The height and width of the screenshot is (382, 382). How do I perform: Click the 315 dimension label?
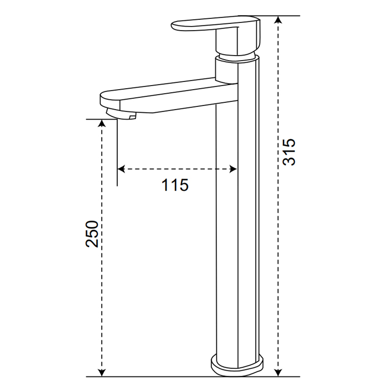point(289,152)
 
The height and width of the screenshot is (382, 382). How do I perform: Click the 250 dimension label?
point(92,234)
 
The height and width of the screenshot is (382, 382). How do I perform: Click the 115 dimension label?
point(175,185)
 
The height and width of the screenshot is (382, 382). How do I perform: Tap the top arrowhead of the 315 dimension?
point(278,20)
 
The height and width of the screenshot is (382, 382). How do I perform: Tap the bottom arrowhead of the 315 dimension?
point(278,372)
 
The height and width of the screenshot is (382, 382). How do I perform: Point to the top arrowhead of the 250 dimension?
point(101,123)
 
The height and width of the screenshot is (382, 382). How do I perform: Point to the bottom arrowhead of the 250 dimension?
point(101,372)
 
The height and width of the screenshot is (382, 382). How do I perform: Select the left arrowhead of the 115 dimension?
point(121,169)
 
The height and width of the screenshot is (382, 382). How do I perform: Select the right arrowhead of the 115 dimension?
point(233,169)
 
